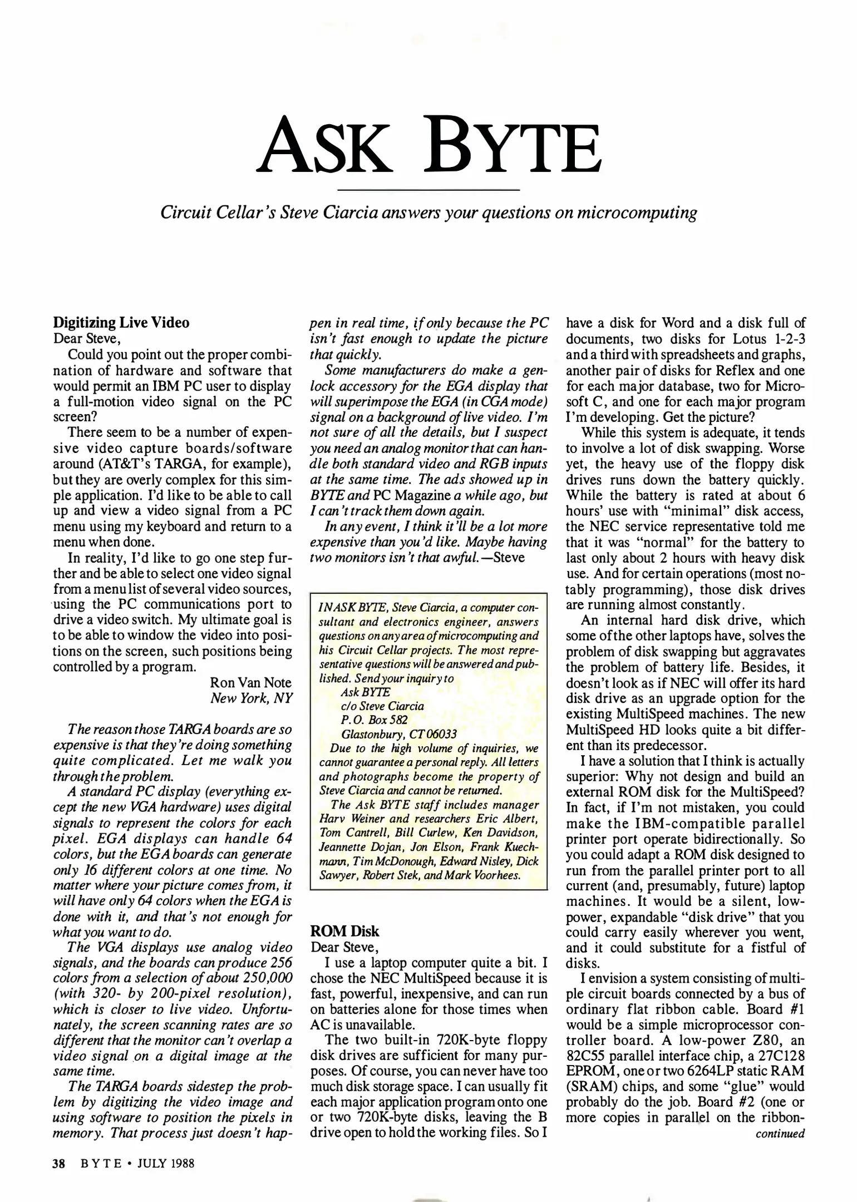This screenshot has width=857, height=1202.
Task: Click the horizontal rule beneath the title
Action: (x=428, y=190)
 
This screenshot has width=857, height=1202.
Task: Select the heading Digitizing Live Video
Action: (x=121, y=323)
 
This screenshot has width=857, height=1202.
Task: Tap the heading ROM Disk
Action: (x=344, y=931)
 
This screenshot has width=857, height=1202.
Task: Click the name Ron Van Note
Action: (x=250, y=682)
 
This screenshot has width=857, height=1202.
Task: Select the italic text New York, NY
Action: (x=251, y=698)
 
